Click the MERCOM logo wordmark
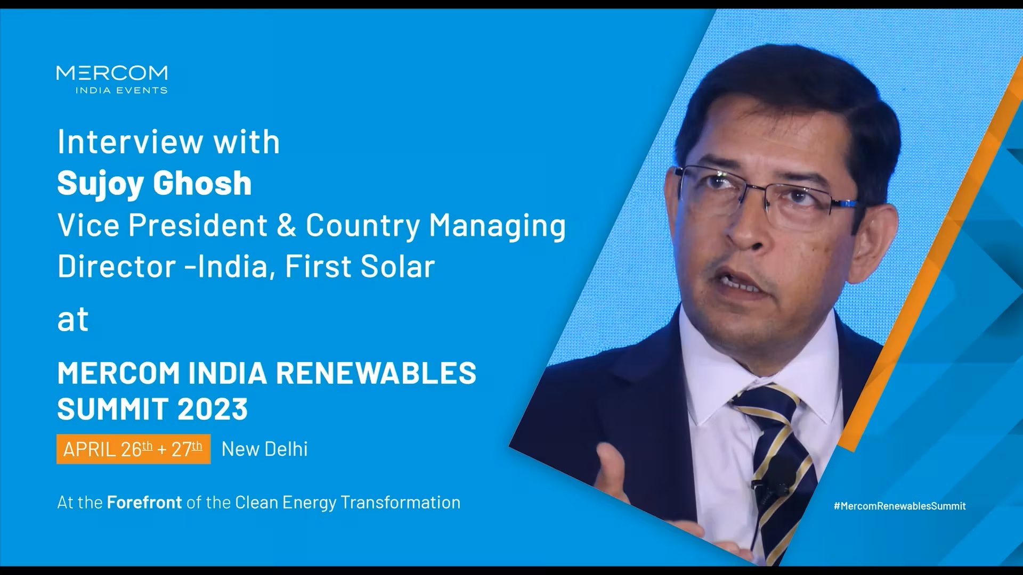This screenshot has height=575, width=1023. coord(112,73)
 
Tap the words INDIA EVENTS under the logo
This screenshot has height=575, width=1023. coord(121,91)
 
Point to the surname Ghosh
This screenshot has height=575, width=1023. coord(202,183)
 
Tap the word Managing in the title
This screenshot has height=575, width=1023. coord(497,226)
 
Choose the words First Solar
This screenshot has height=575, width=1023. coord(360,266)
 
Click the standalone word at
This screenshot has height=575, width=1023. coord(73,319)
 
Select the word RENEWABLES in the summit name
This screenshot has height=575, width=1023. coord(376,373)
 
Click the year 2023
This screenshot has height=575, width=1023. coord(213,409)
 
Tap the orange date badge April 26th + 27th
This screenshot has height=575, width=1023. coord(133,449)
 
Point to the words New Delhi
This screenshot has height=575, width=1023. coord(265,449)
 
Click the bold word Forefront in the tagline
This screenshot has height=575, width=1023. coord(144,502)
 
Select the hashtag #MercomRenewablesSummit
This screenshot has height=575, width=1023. coord(900,506)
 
